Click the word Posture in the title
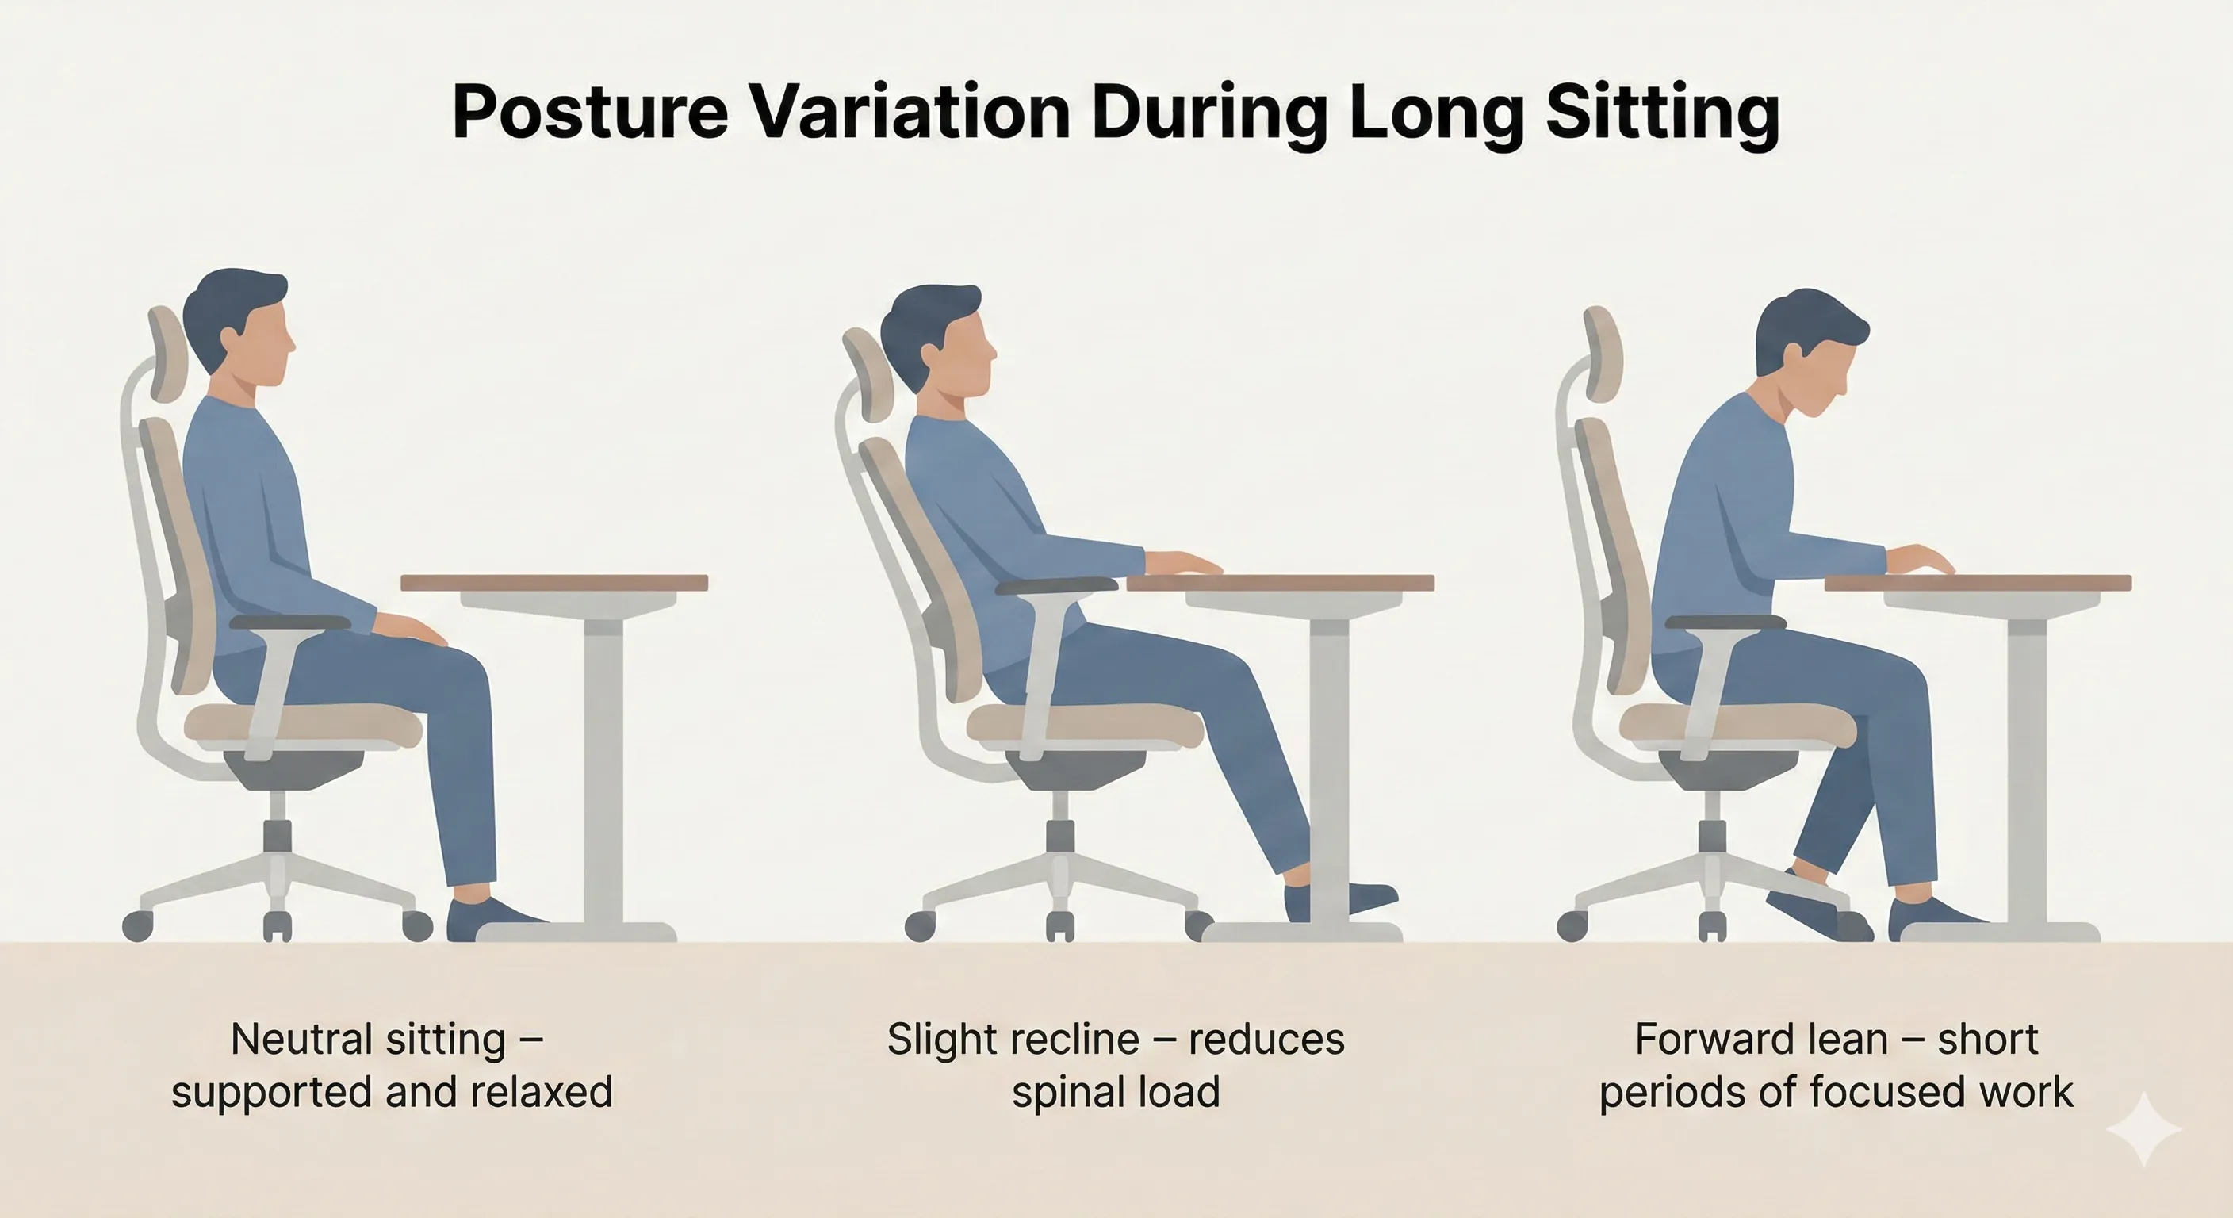pyautogui.click(x=589, y=113)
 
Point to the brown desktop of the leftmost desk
pyautogui.click(x=555, y=583)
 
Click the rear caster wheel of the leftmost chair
pyautogui.click(x=137, y=926)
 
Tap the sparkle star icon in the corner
pyautogui.click(x=2143, y=1128)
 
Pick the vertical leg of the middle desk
pyautogui.click(x=1328, y=763)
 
